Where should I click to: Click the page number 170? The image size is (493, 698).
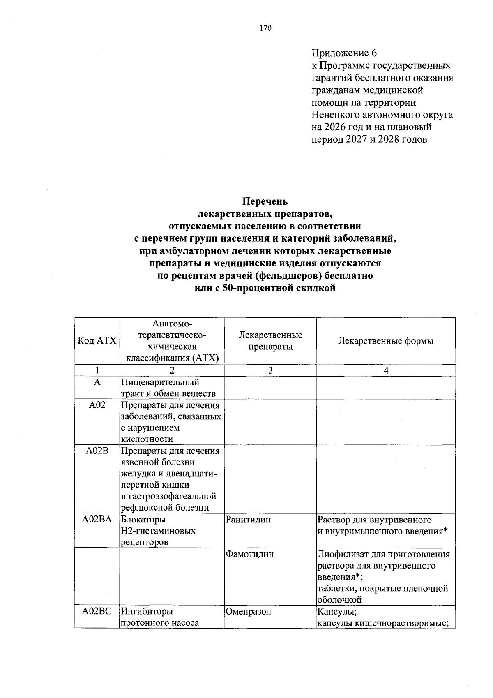point(265,28)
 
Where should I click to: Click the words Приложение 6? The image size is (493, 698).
point(344,53)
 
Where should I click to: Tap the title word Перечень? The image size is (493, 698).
point(265,201)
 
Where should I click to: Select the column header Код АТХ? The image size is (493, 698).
point(97,341)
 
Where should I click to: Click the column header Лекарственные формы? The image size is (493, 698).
point(385,341)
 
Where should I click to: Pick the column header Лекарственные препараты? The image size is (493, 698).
point(270,341)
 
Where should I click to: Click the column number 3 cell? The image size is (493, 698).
point(270,370)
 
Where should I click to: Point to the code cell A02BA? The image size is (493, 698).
point(97,520)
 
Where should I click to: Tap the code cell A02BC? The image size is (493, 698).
point(97,611)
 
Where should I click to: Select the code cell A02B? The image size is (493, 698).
point(97,451)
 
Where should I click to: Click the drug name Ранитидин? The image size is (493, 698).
point(249,520)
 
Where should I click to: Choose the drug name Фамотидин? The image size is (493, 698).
point(250,554)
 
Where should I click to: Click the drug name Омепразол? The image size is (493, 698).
point(249,611)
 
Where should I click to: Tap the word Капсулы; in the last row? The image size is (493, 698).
point(337,611)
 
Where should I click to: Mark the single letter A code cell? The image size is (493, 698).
point(97,382)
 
